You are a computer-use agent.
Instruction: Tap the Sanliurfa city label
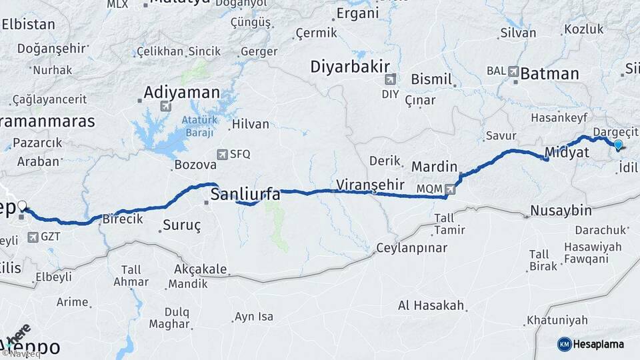245,194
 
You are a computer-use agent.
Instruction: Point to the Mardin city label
435,166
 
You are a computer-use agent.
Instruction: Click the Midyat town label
567,153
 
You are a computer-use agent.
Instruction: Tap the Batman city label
549,73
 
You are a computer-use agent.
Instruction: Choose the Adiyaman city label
182,92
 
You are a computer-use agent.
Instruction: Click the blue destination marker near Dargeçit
618,145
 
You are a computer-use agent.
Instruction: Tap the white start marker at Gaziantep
22,206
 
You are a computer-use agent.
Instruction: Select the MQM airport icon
451,189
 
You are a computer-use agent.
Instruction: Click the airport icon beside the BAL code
513,71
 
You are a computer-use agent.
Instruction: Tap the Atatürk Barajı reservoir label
198,126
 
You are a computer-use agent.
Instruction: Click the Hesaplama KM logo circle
564,344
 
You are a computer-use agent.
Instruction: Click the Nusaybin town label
561,211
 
